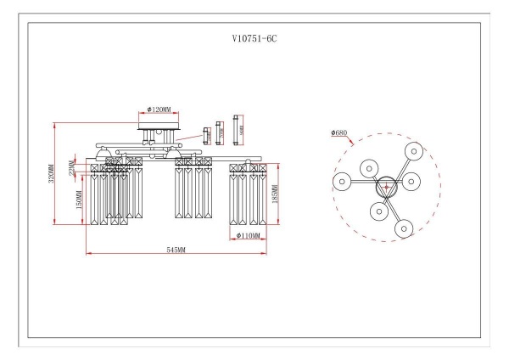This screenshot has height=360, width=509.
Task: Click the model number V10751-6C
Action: click(254, 39)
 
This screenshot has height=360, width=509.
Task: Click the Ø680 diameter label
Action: click(338, 132)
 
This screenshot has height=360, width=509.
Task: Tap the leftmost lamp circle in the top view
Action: click(343, 181)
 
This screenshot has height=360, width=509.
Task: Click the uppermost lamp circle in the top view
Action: click(413, 151)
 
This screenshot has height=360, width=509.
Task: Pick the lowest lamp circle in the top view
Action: click(402, 228)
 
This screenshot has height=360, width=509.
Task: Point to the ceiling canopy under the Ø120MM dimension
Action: click(159, 126)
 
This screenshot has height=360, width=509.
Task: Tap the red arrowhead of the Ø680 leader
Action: click(350, 144)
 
